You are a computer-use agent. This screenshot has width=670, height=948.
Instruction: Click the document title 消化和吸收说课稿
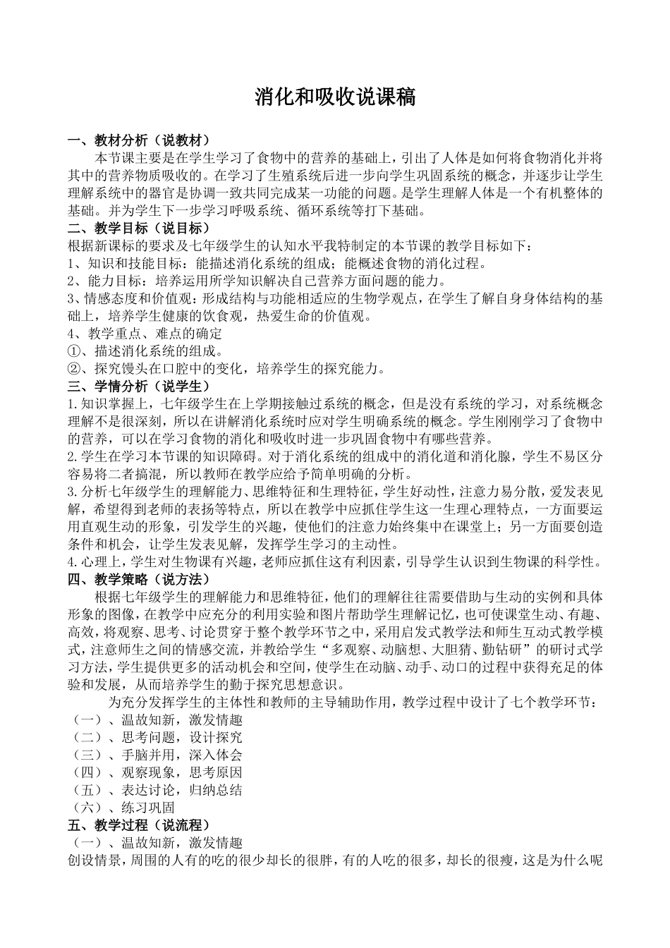pyautogui.click(x=335, y=97)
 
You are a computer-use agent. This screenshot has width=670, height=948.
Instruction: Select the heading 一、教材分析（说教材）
pyautogui.click(x=138, y=140)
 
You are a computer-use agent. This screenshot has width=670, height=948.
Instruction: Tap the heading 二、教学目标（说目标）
pyautogui.click(x=138, y=228)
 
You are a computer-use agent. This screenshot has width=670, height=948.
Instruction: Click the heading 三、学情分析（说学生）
pyautogui.click(x=138, y=386)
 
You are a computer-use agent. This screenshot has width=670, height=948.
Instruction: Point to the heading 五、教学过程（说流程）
pyautogui.click(x=138, y=825)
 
